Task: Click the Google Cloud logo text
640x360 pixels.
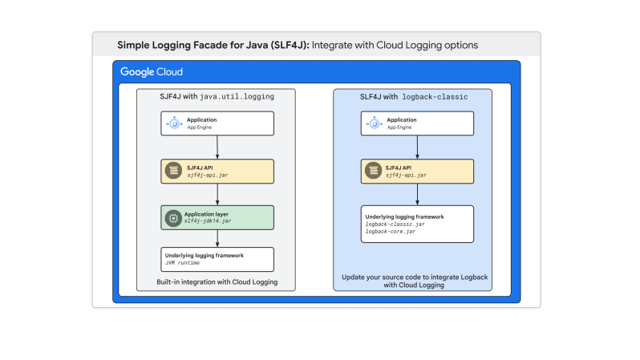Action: pyautogui.click(x=152, y=72)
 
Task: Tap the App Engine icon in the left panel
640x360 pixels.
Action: pyautogui.click(x=173, y=123)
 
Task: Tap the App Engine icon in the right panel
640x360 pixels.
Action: pyautogui.click(x=372, y=123)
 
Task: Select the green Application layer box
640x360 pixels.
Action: pyautogui.click(x=217, y=217)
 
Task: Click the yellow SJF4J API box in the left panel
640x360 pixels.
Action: pyautogui.click(x=217, y=171)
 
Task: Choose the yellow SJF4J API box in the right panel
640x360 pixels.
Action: pyautogui.click(x=416, y=171)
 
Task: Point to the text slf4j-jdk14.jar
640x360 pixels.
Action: pyautogui.click(x=209, y=222)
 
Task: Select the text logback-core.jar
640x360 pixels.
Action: pyautogui.click(x=391, y=232)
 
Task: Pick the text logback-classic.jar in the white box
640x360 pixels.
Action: pyautogui.click(x=395, y=224)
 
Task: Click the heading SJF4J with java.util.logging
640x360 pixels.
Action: pyautogui.click(x=217, y=96)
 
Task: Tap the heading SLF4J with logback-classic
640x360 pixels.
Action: pyautogui.click(x=414, y=96)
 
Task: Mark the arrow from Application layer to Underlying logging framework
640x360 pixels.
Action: pyautogui.click(x=217, y=238)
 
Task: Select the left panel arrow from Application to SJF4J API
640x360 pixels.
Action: pyautogui.click(x=217, y=147)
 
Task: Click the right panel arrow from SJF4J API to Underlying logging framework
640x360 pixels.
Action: pyautogui.click(x=416, y=193)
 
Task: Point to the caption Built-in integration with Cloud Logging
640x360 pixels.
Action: pyautogui.click(x=217, y=281)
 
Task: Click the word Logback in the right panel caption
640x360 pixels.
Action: pyautogui.click(x=471, y=277)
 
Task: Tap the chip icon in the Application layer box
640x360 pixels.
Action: pyautogui.click(x=173, y=217)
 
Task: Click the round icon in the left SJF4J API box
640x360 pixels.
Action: pyautogui.click(x=173, y=171)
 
